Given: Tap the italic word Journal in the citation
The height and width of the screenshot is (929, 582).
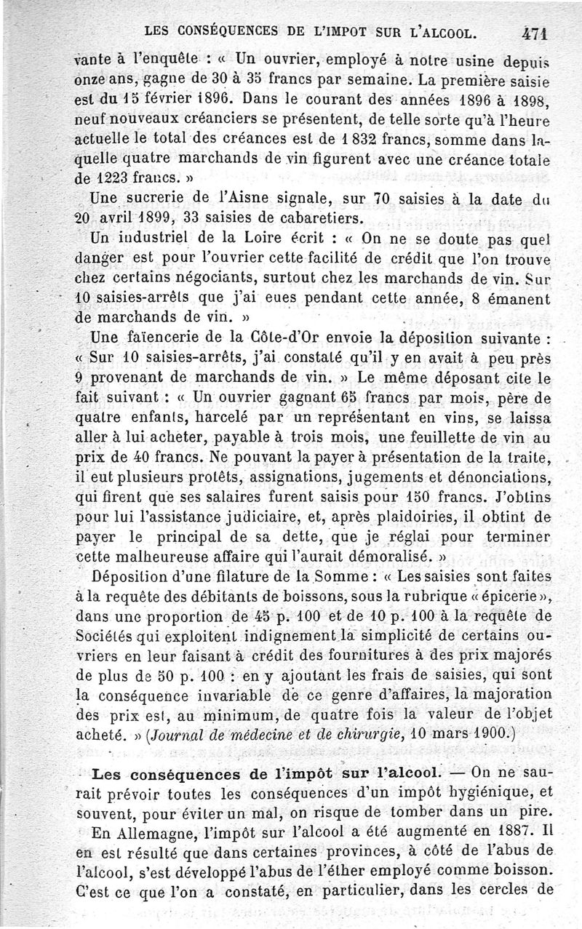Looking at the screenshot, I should coord(184,735).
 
